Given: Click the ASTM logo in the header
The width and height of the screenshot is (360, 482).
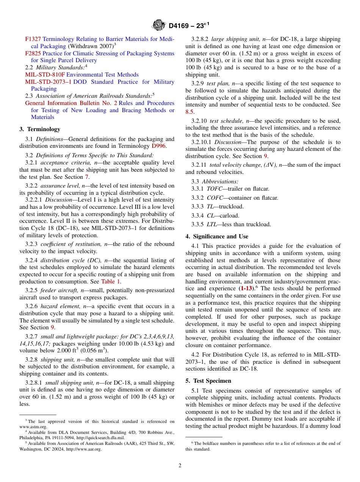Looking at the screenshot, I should (159, 25).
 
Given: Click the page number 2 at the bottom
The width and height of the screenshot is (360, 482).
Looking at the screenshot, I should (180, 466).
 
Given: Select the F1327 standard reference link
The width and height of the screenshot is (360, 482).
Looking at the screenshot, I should (33, 39).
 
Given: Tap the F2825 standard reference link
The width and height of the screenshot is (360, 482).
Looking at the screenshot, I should (33, 53).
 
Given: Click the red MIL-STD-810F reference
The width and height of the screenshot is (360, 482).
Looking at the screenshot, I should (45, 75).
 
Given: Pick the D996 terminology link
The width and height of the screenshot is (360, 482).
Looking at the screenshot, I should (158, 146).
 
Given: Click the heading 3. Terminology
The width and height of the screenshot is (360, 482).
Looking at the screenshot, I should (40, 129).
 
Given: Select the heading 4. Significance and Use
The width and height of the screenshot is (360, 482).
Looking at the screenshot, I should (217, 236).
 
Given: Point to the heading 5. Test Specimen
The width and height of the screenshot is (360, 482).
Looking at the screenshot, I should (208, 381).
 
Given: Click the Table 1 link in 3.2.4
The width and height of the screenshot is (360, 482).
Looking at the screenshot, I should (111, 282).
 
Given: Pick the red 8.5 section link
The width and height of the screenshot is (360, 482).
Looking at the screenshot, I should (189, 112).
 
